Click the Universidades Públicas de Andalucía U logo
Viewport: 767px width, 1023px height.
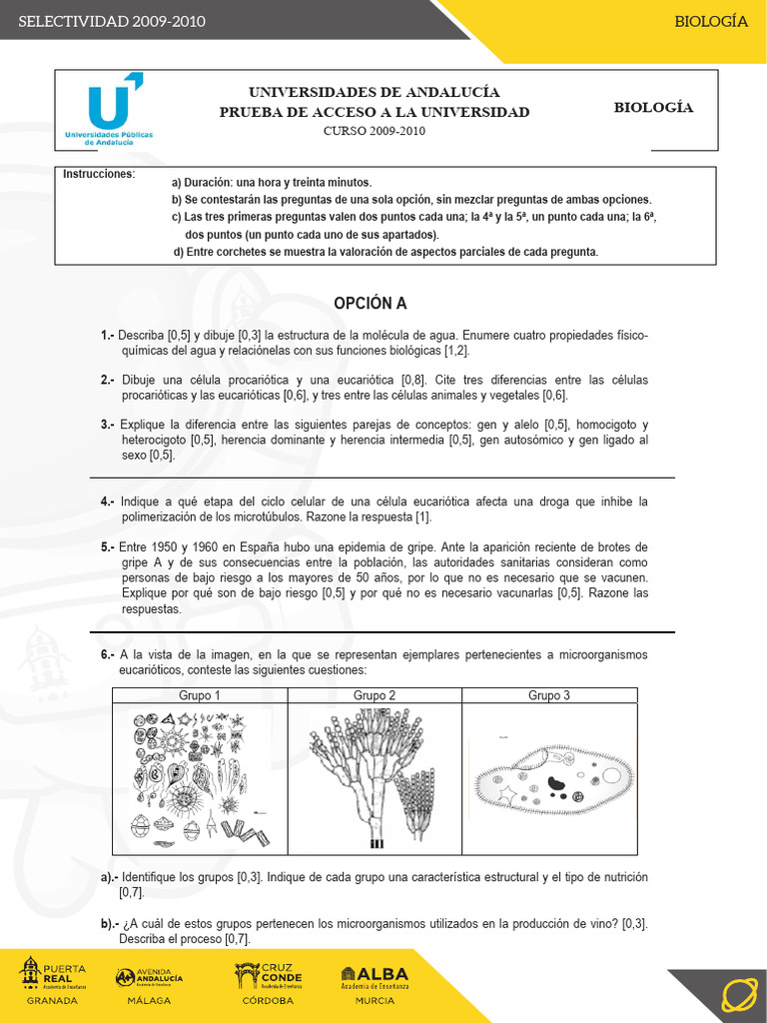click(x=103, y=111)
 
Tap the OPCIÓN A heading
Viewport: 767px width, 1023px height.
click(x=371, y=304)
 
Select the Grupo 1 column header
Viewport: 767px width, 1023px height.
click(x=200, y=695)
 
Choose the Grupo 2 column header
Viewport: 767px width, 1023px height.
click(x=375, y=695)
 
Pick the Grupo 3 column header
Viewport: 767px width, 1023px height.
click(x=549, y=695)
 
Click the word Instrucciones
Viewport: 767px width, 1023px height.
click(x=99, y=174)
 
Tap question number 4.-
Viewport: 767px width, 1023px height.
click(x=107, y=501)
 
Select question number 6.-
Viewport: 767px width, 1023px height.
click(x=107, y=654)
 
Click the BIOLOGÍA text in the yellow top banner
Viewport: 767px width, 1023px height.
click(x=710, y=21)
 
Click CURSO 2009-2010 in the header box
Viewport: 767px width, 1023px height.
click(x=375, y=131)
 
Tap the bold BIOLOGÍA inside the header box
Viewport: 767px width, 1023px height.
click(x=653, y=108)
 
